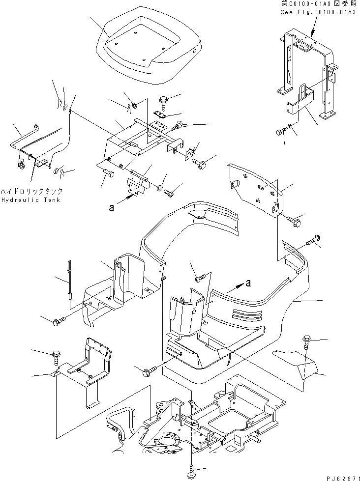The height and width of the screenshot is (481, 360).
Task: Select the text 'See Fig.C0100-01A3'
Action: click(319, 12)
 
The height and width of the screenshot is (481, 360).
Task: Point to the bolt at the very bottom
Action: click(191, 473)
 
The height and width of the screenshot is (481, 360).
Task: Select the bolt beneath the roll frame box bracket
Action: click(282, 132)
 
